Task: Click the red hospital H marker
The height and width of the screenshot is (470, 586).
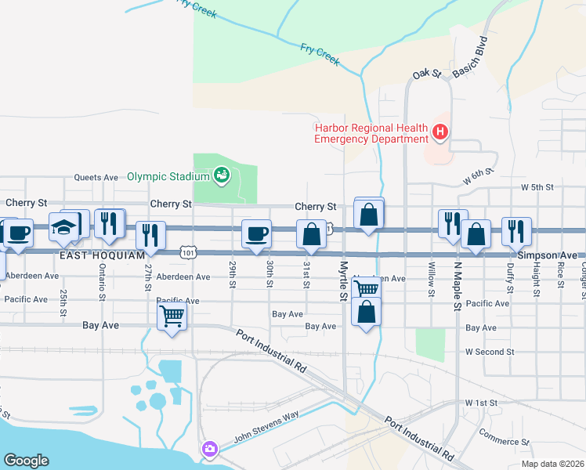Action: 440,133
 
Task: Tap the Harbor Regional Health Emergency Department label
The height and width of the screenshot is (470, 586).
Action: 371,133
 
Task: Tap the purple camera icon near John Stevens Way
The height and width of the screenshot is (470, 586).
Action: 209,449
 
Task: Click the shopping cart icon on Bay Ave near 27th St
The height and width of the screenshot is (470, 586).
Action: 172,317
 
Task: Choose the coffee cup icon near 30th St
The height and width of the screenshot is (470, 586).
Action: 256,233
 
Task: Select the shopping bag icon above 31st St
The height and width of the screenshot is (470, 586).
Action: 311,233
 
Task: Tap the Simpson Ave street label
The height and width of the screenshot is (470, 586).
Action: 547,255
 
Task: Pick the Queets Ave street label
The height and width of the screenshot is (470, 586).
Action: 96,177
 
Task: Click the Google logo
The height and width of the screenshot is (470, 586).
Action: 26,461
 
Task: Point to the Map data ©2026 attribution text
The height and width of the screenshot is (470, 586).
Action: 552,464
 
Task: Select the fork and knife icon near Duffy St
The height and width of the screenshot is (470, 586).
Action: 516,231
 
